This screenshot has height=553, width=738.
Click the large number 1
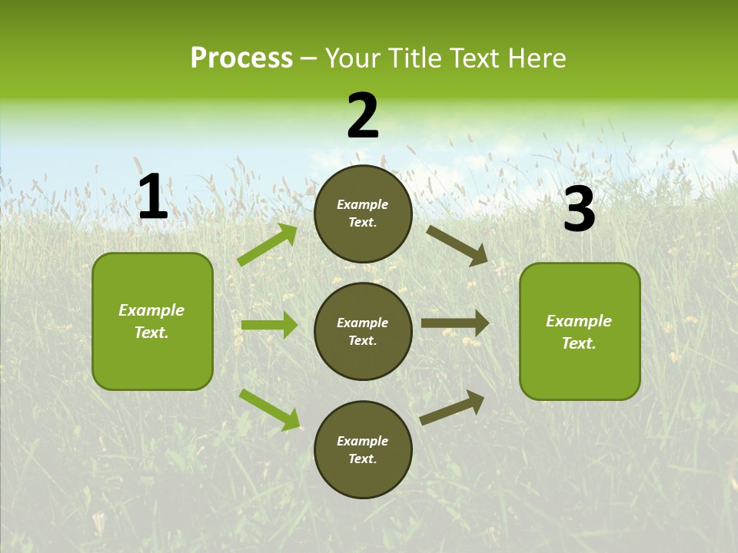153,197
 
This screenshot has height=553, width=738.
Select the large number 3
579,210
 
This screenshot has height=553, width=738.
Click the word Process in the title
241,58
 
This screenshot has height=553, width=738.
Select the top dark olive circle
363,214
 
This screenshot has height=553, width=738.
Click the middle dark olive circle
363,331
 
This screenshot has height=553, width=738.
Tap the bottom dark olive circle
363,449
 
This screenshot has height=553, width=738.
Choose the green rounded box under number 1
152,321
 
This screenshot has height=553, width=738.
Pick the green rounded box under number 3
580,331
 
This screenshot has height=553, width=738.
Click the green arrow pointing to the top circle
268,245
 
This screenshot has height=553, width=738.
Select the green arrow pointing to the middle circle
269,325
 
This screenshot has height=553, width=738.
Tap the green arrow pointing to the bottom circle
270,409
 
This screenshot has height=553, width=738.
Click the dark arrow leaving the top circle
457,245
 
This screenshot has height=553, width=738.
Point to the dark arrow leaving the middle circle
455,323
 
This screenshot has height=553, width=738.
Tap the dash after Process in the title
309,58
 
